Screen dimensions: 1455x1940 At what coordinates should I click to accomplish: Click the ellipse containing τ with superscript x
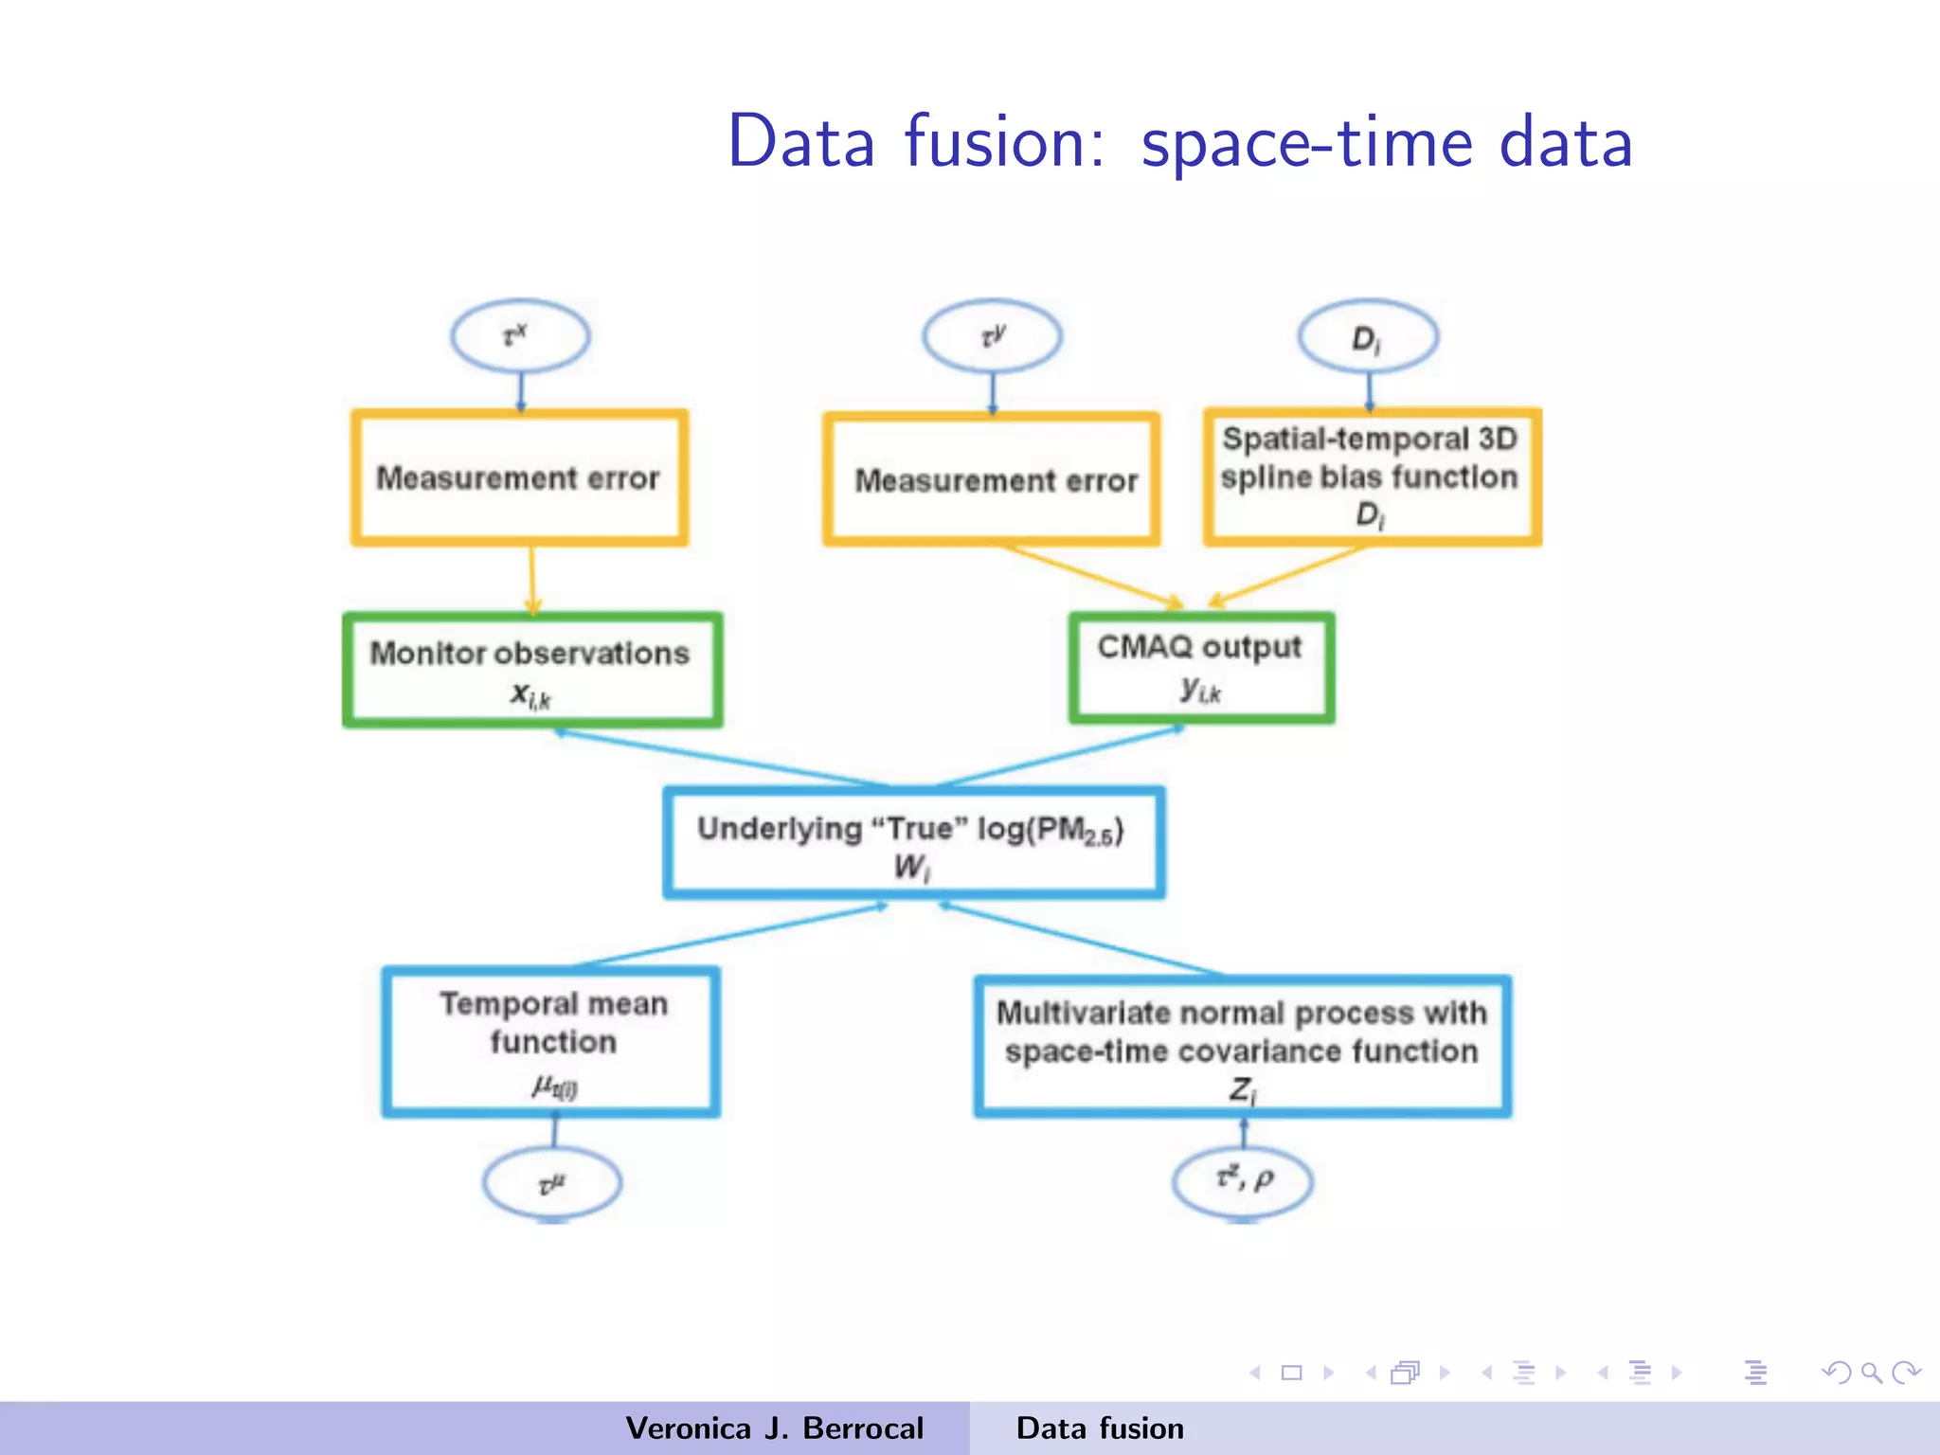pos(520,336)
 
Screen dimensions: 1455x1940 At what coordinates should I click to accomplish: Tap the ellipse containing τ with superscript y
pos(992,336)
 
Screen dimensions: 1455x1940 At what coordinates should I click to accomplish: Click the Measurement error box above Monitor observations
pos(519,477)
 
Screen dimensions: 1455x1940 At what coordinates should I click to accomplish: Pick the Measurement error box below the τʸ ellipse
pos(992,479)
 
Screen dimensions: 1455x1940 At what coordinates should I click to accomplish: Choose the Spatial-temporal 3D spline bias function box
pos(1372,476)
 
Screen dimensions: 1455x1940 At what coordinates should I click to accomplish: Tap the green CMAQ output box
pos(1201,668)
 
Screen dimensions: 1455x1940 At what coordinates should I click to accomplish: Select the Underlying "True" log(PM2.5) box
pos(913,842)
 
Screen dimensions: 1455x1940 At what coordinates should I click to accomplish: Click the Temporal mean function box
pos(551,1041)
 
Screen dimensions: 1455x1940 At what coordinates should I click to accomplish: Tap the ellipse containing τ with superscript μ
pos(551,1183)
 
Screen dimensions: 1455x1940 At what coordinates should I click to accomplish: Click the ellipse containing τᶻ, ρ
pos(1242,1180)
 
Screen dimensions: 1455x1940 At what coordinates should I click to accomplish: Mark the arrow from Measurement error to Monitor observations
pos(532,580)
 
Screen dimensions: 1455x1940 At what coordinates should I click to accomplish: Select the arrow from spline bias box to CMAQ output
pos(1286,576)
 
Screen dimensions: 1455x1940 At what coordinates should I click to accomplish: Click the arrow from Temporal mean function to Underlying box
pos(729,936)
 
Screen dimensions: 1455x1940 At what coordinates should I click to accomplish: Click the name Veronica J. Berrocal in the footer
pos(774,1428)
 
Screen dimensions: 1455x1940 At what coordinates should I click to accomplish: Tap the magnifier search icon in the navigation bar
pos(1871,1373)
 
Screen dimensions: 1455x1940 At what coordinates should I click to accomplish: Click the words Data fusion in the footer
pos(1099,1428)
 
